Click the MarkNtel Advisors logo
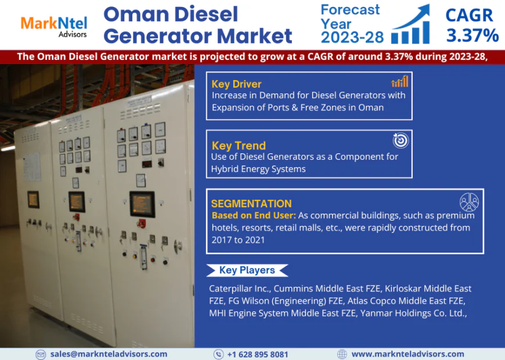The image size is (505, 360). [x=54, y=25]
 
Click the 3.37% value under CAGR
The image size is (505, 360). [x=472, y=35]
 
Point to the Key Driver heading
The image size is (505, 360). [x=236, y=84]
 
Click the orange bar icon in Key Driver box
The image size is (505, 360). [x=399, y=81]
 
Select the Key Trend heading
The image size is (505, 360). [x=239, y=145]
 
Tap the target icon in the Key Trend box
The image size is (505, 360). [x=401, y=140]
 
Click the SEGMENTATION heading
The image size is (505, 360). [x=251, y=204]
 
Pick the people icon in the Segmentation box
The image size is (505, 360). [x=469, y=201]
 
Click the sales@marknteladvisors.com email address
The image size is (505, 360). [x=109, y=354]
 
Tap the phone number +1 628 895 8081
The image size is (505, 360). [x=258, y=354]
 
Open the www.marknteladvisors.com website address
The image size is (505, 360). [x=407, y=354]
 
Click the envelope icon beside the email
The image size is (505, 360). [x=41, y=354]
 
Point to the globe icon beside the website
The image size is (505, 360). [x=342, y=354]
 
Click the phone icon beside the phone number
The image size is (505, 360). [x=218, y=354]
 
